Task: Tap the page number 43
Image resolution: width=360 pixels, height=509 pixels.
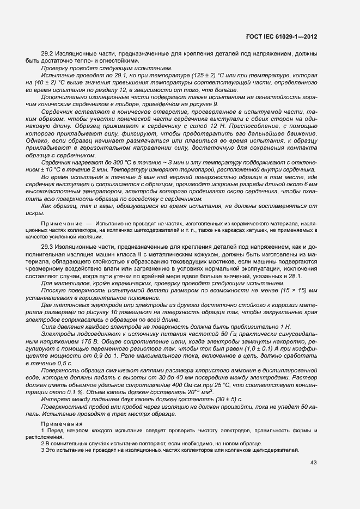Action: tap(314, 462)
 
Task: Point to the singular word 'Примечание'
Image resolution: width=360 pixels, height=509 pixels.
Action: tap(60, 224)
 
